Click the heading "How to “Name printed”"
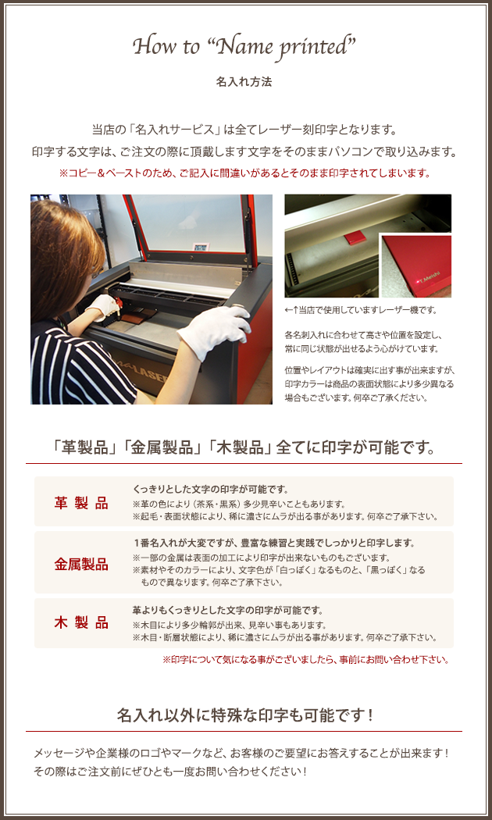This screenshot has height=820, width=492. (x=244, y=48)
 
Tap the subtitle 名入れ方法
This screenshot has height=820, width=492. (x=244, y=82)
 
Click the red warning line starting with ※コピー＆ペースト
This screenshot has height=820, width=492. (x=244, y=173)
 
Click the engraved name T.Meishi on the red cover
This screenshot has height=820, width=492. (x=430, y=279)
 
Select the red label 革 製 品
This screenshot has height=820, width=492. (x=81, y=503)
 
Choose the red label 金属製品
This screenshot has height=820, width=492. (x=81, y=565)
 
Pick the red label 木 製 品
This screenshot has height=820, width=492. (x=81, y=623)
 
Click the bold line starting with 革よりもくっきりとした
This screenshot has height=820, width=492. (x=228, y=610)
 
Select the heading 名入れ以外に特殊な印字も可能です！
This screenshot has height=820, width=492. (x=244, y=715)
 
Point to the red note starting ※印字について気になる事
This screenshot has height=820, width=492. (x=306, y=660)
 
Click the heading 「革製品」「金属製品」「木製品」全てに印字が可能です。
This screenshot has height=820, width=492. (x=244, y=448)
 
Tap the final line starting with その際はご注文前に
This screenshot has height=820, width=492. (x=170, y=772)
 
